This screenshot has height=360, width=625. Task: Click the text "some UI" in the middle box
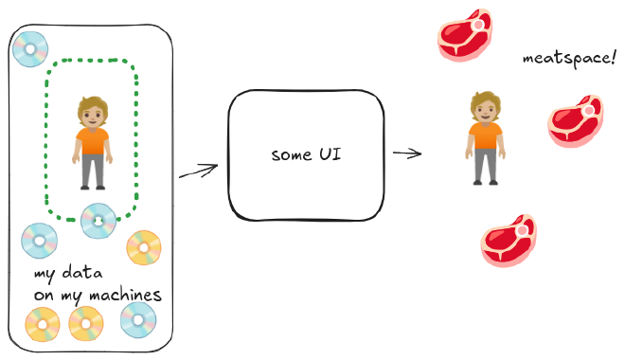click(305, 154)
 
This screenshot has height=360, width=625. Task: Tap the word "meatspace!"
click(557, 58)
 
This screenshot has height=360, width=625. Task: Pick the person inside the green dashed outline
click(91, 142)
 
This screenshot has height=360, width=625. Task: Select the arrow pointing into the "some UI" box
click(198, 171)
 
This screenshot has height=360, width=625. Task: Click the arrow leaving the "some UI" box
click(407, 153)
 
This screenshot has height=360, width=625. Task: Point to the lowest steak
click(509, 241)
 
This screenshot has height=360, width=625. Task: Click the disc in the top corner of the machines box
click(30, 48)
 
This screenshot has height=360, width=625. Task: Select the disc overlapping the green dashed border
click(98, 220)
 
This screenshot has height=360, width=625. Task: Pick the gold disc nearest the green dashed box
click(144, 247)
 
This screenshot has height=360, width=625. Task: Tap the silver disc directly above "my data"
click(39, 241)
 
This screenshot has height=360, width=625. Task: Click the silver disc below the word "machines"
click(138, 319)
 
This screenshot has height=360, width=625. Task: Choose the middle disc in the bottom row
click(85, 325)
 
